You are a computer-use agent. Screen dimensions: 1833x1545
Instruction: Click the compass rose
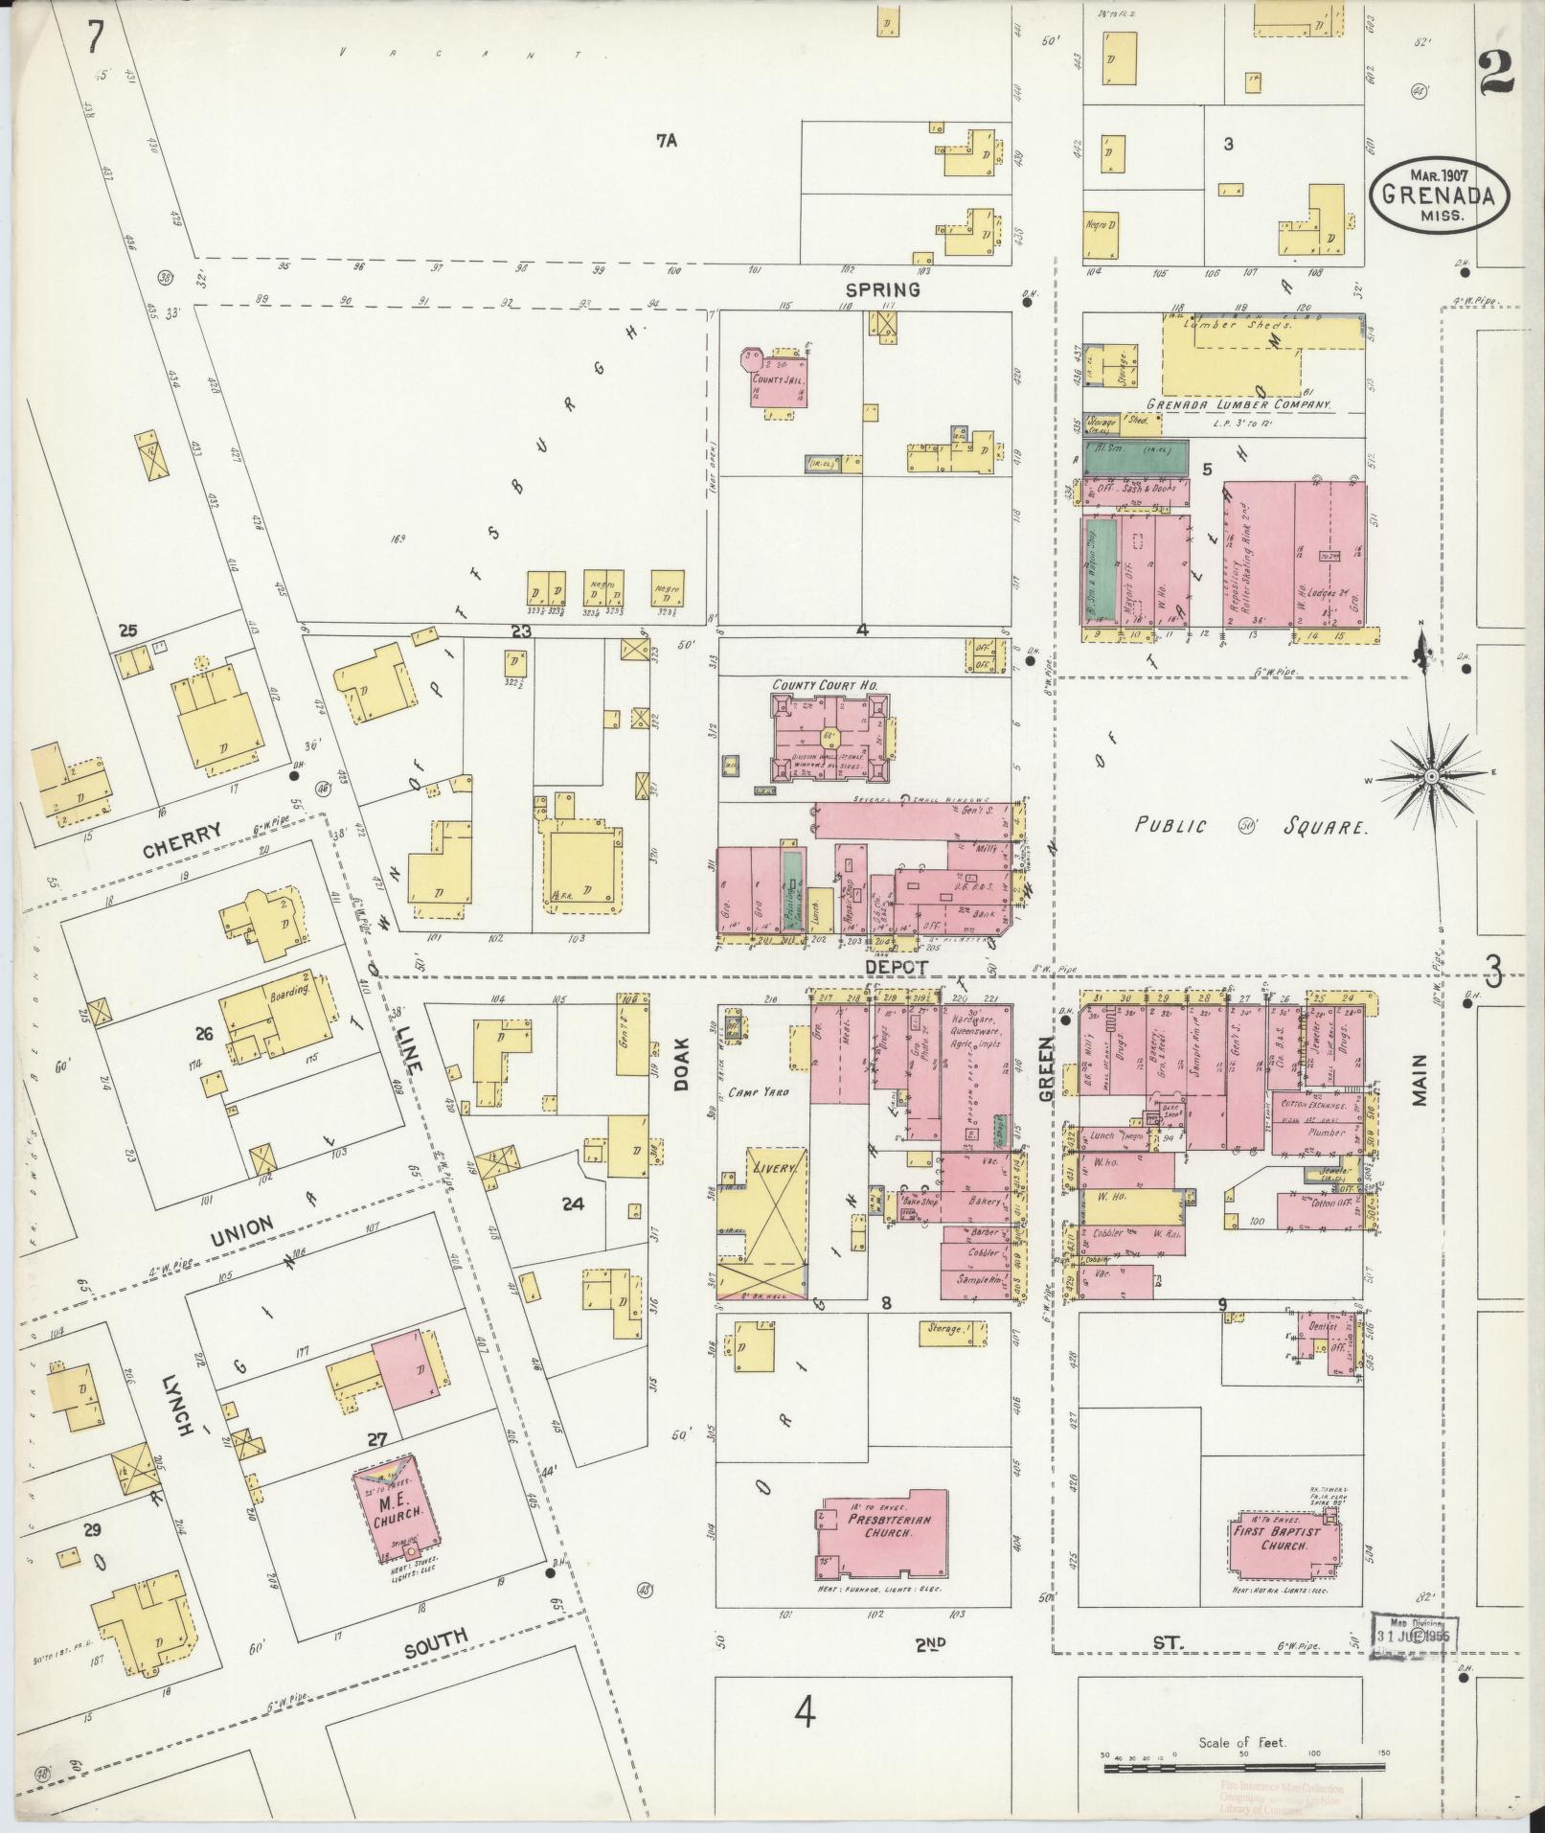point(1430,774)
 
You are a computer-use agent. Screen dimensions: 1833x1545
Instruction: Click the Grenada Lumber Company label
point(1238,404)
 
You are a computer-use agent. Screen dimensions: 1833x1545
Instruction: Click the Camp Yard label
point(757,1090)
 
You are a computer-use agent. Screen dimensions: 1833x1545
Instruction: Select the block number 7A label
point(667,140)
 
